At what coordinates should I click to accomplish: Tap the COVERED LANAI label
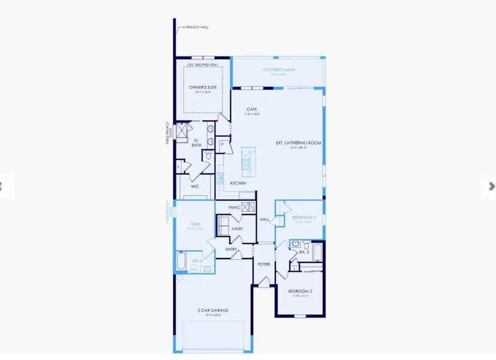click(x=279, y=70)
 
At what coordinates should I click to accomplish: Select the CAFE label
click(x=251, y=109)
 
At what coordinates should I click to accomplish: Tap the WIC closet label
click(x=195, y=187)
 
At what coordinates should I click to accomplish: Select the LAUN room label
click(x=237, y=229)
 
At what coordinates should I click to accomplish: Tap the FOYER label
click(x=264, y=264)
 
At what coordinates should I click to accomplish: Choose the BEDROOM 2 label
click(x=300, y=292)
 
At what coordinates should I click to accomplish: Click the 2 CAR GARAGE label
click(x=214, y=310)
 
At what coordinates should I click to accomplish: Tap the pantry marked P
click(x=223, y=145)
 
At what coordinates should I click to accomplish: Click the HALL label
click(x=264, y=220)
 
